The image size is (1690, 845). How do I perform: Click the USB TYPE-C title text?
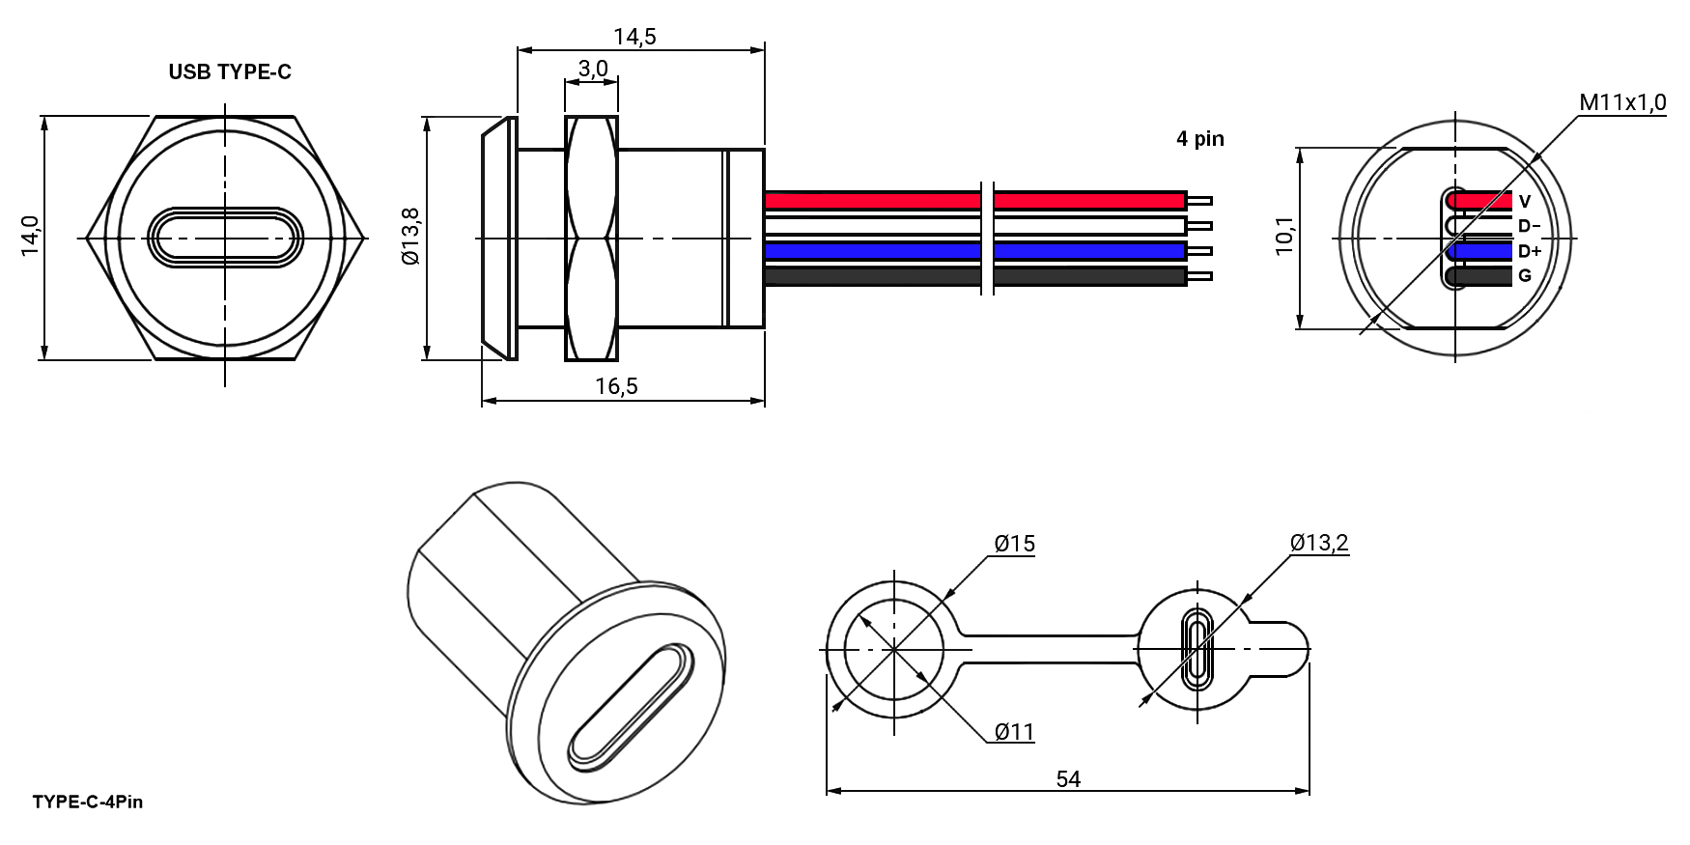click(x=230, y=71)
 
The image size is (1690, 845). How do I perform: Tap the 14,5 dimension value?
click(x=634, y=37)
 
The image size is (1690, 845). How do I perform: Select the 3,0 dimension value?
click(x=593, y=69)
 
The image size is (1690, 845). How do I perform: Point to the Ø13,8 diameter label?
click(x=410, y=237)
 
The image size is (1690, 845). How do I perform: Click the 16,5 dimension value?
click(x=616, y=386)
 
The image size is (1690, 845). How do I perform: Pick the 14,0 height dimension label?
click(x=30, y=237)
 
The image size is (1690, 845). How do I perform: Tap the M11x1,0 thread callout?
click(x=1622, y=102)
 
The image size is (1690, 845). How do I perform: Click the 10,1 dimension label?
click(x=1284, y=237)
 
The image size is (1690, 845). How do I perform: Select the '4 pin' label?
click(x=1199, y=139)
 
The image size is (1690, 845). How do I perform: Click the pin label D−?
click(x=1529, y=226)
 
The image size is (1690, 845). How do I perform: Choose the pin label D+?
click(x=1529, y=251)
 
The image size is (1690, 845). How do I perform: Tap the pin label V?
click(x=1525, y=202)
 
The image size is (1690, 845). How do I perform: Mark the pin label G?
click(x=1525, y=276)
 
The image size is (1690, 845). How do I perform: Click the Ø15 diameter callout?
click(x=1015, y=544)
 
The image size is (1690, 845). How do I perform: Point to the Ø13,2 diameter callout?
click(x=1319, y=543)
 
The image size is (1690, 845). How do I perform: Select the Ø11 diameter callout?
click(x=1015, y=732)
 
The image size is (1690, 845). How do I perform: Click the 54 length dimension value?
click(x=1068, y=779)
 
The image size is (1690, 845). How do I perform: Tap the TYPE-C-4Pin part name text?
click(x=88, y=802)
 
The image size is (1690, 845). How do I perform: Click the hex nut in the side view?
click(x=591, y=238)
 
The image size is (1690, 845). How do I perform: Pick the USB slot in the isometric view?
click(x=630, y=707)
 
